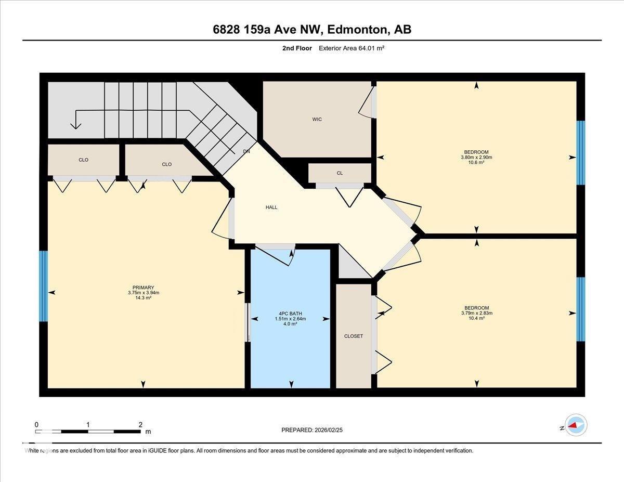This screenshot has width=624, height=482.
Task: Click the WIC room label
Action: click(x=317, y=119)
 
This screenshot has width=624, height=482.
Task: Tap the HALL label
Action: click(x=271, y=207)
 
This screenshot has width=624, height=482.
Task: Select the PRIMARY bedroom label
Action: click(x=144, y=288)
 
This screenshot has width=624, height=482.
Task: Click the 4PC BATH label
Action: click(x=290, y=314)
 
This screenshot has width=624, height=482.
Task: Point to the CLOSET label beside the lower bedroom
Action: click(x=354, y=336)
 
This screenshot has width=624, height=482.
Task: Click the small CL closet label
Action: click(x=340, y=173)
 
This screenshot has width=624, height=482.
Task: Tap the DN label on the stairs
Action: click(x=246, y=151)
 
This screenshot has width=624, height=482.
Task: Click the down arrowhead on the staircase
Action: click(x=75, y=126)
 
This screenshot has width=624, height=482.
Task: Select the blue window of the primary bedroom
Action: click(x=43, y=286)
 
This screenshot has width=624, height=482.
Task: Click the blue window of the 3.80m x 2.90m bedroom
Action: click(x=581, y=153)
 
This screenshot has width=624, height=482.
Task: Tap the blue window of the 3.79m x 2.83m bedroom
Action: click(x=581, y=309)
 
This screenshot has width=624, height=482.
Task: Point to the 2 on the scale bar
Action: click(x=140, y=425)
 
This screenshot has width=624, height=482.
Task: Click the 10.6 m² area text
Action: click(x=476, y=162)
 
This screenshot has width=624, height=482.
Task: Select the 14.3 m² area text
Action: click(x=144, y=298)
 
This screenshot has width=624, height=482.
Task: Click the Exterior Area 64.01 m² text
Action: click(x=352, y=48)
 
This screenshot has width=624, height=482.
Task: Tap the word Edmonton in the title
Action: click(x=357, y=30)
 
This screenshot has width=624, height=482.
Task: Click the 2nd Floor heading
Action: click(x=297, y=48)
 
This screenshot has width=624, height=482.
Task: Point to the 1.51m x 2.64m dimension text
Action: click(x=290, y=319)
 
